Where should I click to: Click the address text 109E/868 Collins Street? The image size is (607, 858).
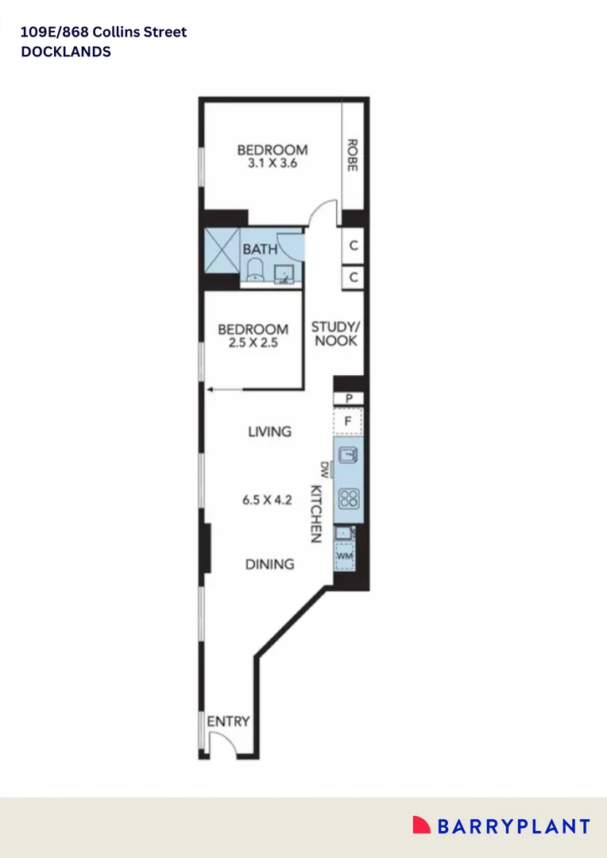(x=104, y=33)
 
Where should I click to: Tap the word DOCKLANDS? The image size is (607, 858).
(x=66, y=52)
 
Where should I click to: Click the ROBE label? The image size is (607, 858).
(x=352, y=156)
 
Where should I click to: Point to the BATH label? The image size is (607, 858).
(x=261, y=249)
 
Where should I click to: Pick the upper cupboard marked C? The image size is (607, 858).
(x=354, y=246)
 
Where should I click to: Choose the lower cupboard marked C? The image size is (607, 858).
(x=354, y=278)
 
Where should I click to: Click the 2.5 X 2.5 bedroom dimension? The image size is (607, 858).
(x=253, y=345)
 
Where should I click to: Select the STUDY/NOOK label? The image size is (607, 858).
(x=334, y=334)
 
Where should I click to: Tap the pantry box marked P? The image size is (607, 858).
(x=349, y=399)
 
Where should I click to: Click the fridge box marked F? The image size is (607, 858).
(x=348, y=421)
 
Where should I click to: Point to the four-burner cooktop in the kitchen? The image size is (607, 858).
(x=349, y=499)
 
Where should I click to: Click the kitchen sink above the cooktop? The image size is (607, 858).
(x=349, y=455)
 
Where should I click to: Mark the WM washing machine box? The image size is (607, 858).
(x=344, y=556)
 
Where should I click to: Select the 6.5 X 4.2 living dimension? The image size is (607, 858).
(x=268, y=500)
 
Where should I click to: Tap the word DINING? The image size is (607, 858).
(x=269, y=564)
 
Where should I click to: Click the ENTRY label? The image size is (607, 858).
(x=228, y=722)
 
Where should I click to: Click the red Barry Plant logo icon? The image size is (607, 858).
(x=421, y=825)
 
